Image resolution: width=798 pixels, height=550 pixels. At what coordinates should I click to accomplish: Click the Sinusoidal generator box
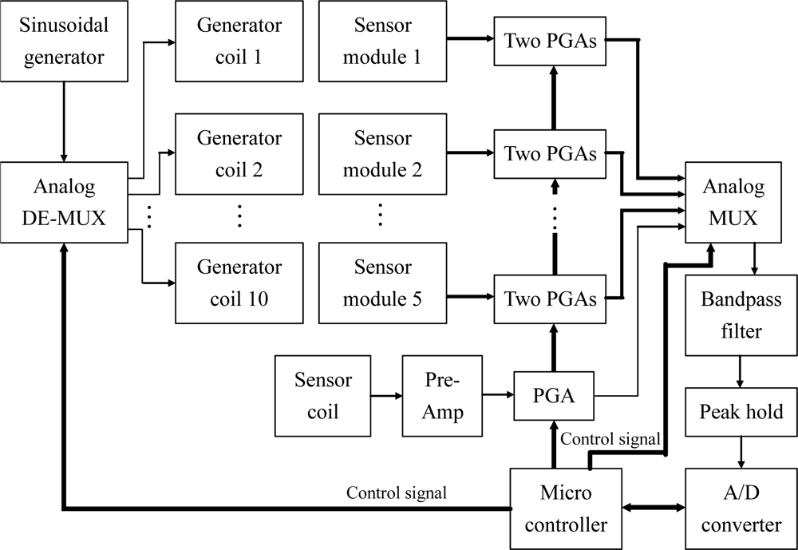click(64, 41)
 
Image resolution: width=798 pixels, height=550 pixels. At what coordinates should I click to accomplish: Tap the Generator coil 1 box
click(239, 41)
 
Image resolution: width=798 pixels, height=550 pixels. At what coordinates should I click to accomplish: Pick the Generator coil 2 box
click(239, 153)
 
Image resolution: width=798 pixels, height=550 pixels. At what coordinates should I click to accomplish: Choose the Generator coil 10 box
click(239, 283)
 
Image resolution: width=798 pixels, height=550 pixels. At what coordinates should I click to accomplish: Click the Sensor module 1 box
click(382, 41)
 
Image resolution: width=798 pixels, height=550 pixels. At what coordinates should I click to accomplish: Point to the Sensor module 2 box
click(382, 153)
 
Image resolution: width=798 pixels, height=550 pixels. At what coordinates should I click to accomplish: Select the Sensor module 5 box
click(382, 283)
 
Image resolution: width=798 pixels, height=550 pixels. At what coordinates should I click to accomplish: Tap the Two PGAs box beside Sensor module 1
click(550, 40)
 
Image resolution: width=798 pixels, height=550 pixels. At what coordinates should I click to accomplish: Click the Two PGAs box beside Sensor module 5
click(550, 299)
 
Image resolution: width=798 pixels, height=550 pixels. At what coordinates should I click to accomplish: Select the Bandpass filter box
click(741, 315)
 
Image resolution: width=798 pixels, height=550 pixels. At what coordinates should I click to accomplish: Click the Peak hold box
click(741, 413)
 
